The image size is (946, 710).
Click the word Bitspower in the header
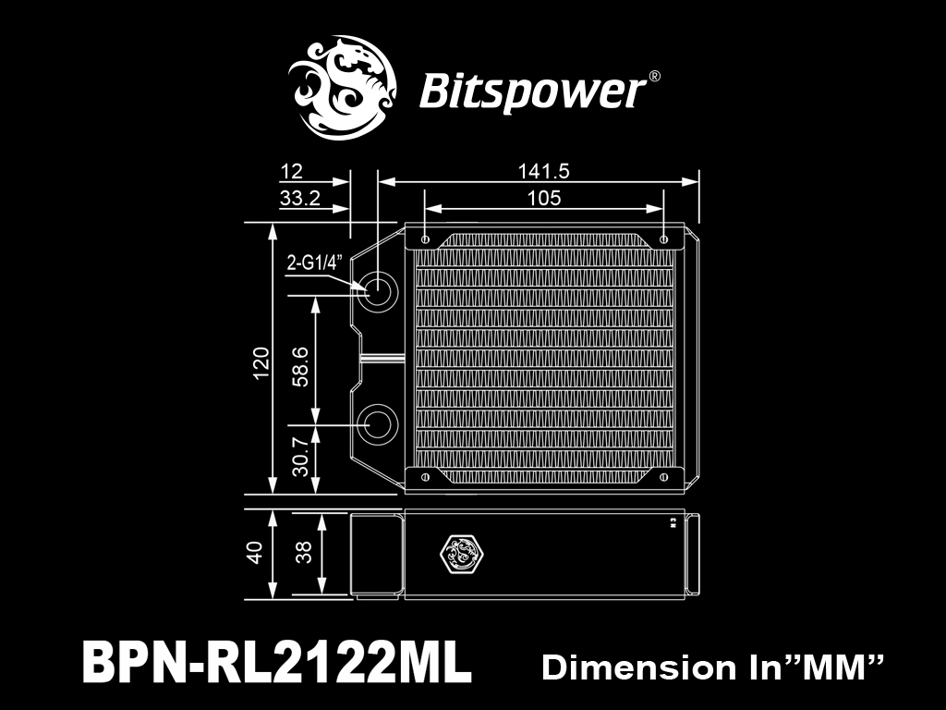point(531,92)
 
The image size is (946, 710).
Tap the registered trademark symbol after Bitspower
point(654,77)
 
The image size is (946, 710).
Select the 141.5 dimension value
point(543,171)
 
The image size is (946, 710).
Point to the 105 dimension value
point(544,198)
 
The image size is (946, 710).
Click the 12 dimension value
point(291,172)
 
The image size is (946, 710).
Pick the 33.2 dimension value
point(300,198)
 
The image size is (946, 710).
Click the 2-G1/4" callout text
point(314,263)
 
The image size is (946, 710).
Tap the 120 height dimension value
point(261,362)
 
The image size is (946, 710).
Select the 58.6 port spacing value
point(300,366)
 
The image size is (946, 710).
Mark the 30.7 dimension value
point(300,457)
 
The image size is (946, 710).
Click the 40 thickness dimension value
point(255,553)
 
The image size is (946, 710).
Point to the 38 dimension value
point(304,552)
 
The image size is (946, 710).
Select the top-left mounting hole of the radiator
point(425,239)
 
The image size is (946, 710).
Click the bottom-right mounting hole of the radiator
point(663,477)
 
